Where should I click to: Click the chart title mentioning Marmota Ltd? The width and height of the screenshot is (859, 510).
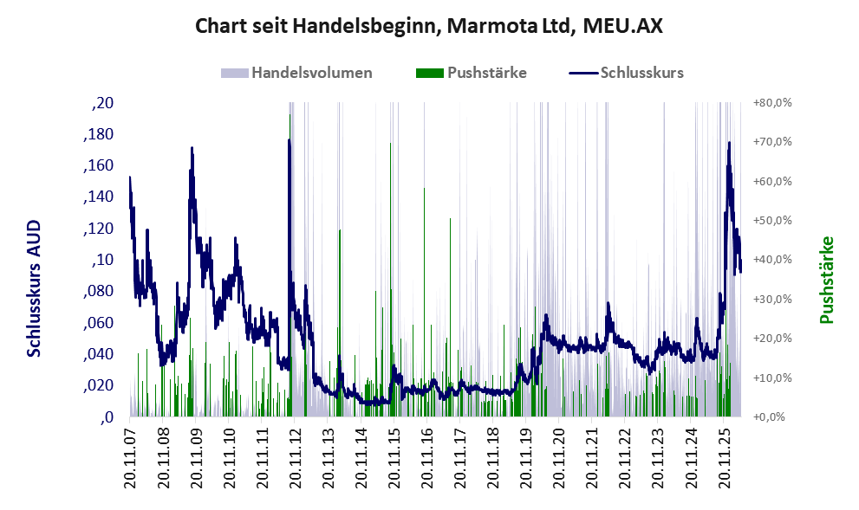[429, 25]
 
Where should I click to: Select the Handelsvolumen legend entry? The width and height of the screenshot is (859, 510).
[296, 73]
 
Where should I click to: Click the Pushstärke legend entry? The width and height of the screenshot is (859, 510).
[472, 73]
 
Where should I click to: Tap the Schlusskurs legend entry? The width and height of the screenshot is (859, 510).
[626, 73]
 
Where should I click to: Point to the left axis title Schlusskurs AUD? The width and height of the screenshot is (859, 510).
[34, 288]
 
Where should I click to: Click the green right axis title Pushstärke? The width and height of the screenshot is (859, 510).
[827, 280]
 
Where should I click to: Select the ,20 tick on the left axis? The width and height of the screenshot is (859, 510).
[102, 103]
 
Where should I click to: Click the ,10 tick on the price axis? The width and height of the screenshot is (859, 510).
[102, 260]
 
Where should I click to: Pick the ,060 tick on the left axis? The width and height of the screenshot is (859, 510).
[98, 323]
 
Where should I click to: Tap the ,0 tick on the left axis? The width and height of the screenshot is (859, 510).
[107, 417]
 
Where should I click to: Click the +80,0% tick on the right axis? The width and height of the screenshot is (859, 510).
[772, 103]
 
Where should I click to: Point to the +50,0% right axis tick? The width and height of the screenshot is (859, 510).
[772, 221]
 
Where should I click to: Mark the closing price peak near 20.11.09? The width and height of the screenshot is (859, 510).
[192, 148]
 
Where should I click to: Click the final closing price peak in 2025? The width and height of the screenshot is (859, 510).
[729, 143]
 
